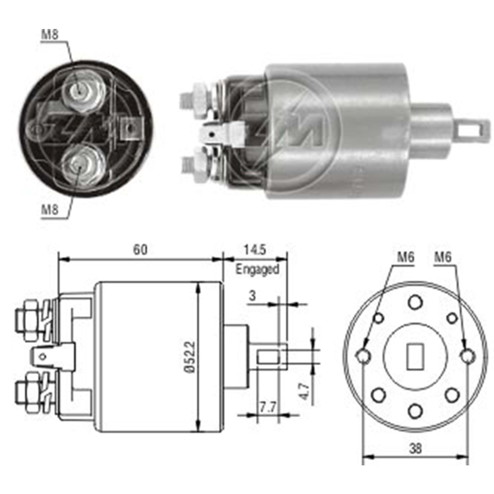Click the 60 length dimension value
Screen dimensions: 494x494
(x=140, y=250)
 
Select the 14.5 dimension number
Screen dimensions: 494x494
(x=255, y=250)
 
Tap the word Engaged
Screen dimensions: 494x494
(x=257, y=269)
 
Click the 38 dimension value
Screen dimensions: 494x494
(x=415, y=448)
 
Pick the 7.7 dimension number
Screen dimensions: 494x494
(x=267, y=408)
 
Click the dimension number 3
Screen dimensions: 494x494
(x=252, y=296)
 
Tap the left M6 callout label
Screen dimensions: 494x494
(x=405, y=257)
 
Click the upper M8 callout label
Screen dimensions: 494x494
(x=49, y=35)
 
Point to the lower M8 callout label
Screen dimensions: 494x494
(x=49, y=209)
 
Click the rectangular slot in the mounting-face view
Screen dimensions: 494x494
(x=415, y=356)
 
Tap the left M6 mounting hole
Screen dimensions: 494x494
(x=363, y=355)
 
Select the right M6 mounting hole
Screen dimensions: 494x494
(x=467, y=355)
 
